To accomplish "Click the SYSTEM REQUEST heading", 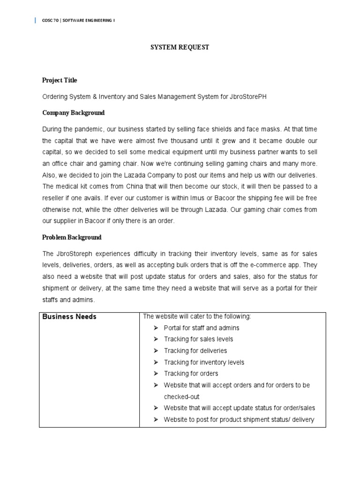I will coord(180,47).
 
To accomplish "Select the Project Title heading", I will coord(60,80).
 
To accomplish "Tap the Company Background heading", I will coord(74,113).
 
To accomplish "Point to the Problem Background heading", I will coord(72,237).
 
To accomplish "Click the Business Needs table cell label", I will coord(69,316).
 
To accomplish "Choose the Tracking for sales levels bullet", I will coord(198,339).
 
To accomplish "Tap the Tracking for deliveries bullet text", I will coord(195,351).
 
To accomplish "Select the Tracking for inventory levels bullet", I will coord(204,362).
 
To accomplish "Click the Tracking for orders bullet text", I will coord(191,374).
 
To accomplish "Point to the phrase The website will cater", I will coord(176,316).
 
